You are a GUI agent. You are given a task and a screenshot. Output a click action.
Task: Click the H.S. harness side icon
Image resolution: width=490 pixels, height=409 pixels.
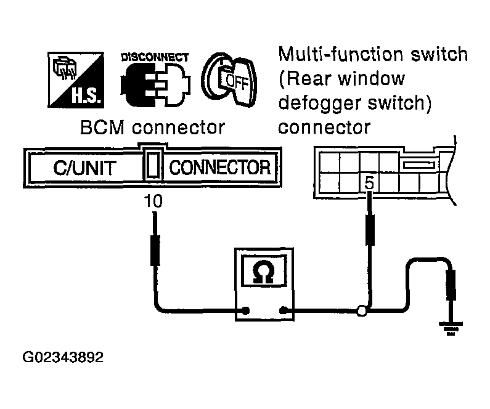tap(76, 80)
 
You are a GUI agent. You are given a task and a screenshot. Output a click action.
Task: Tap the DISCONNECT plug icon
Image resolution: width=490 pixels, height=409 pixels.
tap(155, 84)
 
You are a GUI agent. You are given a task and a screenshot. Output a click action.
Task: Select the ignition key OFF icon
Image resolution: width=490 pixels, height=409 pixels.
tap(230, 79)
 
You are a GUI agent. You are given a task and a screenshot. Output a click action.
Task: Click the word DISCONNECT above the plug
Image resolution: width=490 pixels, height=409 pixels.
tap(155, 57)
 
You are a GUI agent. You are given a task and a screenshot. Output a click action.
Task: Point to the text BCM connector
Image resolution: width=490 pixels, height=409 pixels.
tap(152, 128)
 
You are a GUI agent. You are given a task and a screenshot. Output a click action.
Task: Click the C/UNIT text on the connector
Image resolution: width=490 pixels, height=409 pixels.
tap(84, 168)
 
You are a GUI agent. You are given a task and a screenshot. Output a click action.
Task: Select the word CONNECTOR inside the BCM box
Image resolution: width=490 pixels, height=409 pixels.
tap(220, 168)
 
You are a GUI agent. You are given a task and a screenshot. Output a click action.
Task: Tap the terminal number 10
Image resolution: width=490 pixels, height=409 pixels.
tap(153, 201)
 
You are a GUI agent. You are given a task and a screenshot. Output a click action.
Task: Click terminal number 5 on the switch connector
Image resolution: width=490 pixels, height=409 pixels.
tap(369, 183)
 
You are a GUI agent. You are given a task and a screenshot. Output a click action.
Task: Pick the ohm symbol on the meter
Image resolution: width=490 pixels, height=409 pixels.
tap(263, 272)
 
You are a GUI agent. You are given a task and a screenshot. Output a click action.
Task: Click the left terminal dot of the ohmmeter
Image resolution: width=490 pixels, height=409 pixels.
tap(246, 310)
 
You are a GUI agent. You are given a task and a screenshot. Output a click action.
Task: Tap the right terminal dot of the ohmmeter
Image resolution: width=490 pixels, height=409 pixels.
tap(284, 310)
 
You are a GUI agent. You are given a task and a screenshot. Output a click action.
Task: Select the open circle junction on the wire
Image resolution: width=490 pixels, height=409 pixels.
tap(362, 311)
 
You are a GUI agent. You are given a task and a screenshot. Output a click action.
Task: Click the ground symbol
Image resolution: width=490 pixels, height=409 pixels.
tap(451, 328)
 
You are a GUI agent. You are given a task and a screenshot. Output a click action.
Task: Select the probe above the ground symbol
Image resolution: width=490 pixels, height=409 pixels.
tap(451, 286)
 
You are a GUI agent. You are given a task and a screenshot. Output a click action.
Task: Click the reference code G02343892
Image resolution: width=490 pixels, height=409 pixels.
tap(63, 357)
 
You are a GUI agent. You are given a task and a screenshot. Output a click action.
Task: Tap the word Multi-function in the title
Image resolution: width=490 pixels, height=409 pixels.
tap(341, 54)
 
